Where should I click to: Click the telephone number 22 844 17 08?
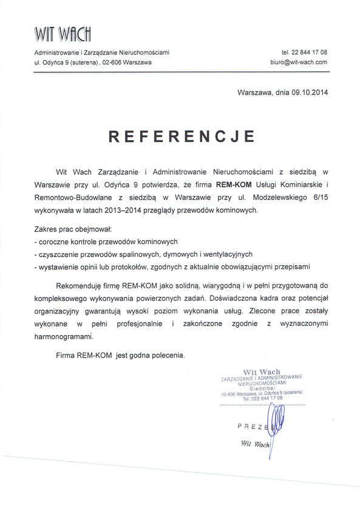click(x=304, y=53)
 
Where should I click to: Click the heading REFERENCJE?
click(x=180, y=136)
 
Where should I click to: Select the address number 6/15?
click(x=318, y=197)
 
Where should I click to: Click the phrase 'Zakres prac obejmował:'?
click(x=69, y=229)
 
